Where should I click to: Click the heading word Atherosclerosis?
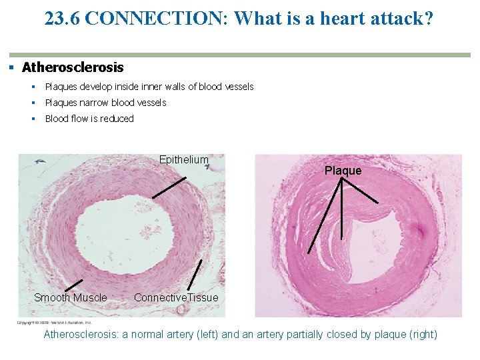coord(73,67)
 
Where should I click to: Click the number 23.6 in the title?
coord(63,19)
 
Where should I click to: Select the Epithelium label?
coord(183,160)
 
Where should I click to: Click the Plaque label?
coord(343,171)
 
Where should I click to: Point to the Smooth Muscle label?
coord(70,297)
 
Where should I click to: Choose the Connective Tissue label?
coord(176,297)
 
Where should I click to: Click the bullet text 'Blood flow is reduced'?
coord(89,119)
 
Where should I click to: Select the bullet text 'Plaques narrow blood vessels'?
coord(105,103)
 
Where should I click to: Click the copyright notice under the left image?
coord(55,322)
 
